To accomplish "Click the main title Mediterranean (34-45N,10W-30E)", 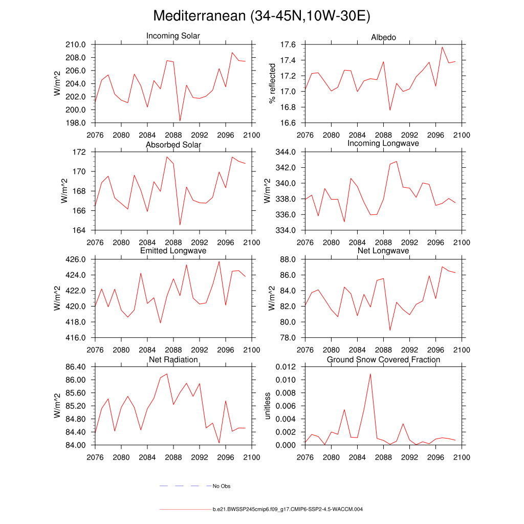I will [x=261, y=16].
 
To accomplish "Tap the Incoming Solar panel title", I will [x=173, y=36].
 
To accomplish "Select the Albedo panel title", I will [x=383, y=37].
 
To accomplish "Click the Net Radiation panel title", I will [x=173, y=360].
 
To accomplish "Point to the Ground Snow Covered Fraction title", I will [x=383, y=360].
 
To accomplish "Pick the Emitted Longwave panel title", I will [x=173, y=251].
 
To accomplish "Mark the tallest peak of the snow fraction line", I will [x=370, y=374].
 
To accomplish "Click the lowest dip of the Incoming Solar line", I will [x=180, y=121].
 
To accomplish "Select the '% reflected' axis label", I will [x=272, y=83].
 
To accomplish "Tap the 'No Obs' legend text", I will [x=222, y=486].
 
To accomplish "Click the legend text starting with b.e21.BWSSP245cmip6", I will [x=288, y=510].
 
